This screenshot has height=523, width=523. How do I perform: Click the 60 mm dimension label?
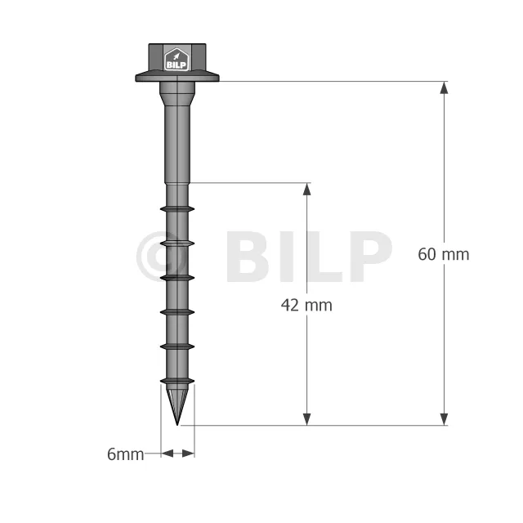click(443, 254)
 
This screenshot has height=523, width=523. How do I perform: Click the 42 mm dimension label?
click(306, 305)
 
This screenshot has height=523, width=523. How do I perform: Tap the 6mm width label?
click(125, 454)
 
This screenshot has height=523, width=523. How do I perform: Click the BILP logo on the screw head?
click(177, 60)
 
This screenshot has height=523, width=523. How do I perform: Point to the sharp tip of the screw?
click(177, 425)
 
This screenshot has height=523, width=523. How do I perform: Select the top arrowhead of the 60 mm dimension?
click(444, 87)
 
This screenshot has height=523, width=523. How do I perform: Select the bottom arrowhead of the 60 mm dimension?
click(444, 419)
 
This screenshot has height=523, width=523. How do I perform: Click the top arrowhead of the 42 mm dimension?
click(307, 189)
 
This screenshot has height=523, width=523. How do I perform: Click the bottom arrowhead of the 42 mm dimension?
click(307, 419)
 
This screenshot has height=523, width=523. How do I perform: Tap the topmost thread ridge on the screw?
click(177, 209)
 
